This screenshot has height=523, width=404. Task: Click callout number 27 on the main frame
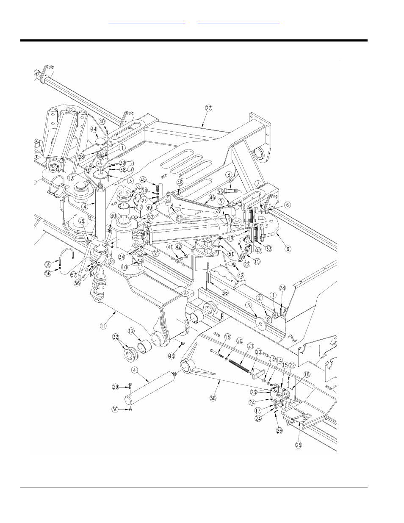tap(208, 108)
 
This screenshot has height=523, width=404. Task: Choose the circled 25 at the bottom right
tap(299, 445)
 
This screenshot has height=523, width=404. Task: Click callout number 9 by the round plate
tap(288, 205)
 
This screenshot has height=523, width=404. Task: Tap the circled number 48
tap(180, 182)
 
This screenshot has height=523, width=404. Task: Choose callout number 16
tap(227, 337)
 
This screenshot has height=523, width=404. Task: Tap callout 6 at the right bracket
tap(288, 205)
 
